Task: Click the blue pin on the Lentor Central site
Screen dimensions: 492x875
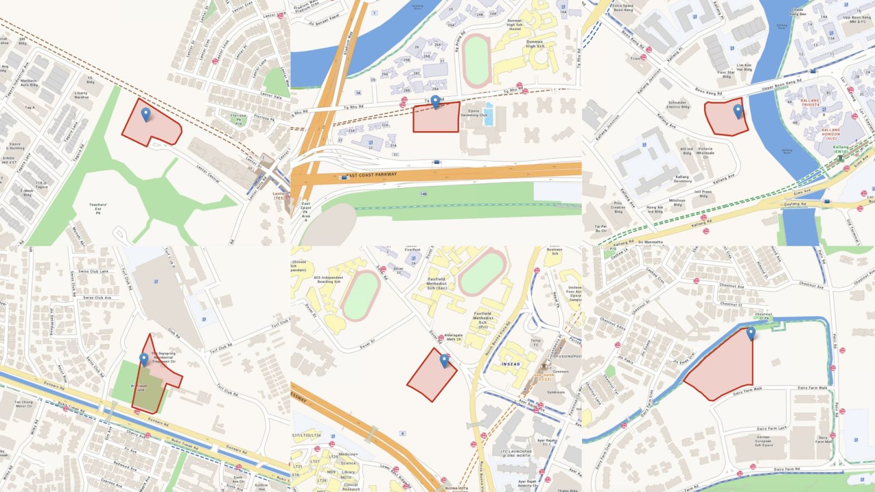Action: click(x=145, y=114)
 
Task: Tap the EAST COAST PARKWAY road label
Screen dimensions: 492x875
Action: click(x=372, y=175)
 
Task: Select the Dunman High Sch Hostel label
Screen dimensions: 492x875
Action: click(x=514, y=25)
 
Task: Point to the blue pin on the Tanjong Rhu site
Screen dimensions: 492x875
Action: click(x=435, y=101)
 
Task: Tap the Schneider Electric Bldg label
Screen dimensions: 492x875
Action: click(x=678, y=104)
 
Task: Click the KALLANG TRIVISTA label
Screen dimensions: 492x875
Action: click(x=810, y=102)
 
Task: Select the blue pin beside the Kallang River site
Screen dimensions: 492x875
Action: click(x=738, y=111)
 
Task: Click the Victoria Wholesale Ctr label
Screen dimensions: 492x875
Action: click(x=705, y=153)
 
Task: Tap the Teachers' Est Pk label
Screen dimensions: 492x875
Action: click(x=98, y=208)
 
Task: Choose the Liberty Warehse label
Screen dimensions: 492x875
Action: click(x=81, y=95)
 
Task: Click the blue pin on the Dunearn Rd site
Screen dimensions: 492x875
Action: click(x=144, y=359)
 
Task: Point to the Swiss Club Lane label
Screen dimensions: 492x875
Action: click(x=93, y=271)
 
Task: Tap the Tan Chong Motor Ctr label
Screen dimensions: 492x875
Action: click(x=24, y=404)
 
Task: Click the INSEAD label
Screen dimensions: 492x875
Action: click(x=511, y=364)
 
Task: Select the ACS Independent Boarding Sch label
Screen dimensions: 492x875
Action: click(x=329, y=279)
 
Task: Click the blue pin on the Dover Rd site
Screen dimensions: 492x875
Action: click(x=444, y=359)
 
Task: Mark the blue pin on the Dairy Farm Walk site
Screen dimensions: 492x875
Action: click(x=751, y=332)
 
